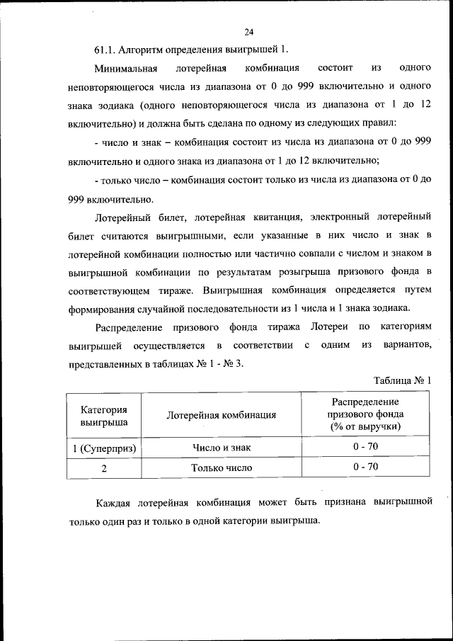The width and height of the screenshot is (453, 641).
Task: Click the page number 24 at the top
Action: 248,32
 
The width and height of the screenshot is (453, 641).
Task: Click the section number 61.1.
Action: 105,50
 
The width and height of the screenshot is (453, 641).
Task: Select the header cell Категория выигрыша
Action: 104,416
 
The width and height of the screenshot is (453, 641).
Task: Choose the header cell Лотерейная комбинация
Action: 221,416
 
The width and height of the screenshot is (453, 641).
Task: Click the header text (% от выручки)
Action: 365,427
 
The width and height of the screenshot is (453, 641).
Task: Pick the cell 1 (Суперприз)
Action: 104,448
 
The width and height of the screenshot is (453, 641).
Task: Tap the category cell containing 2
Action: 104,468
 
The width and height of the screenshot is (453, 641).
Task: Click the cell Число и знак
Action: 221,448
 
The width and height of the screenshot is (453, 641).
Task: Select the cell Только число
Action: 221,468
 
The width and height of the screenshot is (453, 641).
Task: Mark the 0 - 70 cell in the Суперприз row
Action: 365,448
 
